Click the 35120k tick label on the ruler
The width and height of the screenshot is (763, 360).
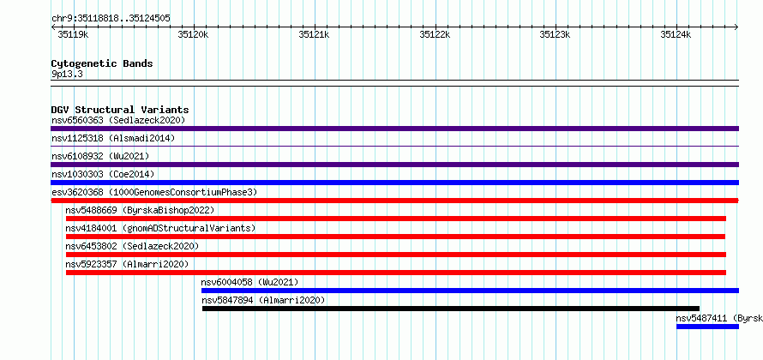tap(193, 34)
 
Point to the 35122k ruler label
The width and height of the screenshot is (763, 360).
tap(435, 34)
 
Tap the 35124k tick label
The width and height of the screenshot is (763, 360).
tap(676, 34)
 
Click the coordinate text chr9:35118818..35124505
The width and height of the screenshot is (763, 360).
tap(111, 19)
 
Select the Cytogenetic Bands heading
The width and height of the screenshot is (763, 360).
tap(102, 63)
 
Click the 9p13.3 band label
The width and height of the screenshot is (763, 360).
tap(67, 75)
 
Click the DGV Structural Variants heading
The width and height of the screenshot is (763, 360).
tap(120, 110)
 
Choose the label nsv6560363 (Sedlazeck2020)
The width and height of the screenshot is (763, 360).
tap(118, 120)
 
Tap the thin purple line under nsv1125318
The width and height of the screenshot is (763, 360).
tap(394, 146)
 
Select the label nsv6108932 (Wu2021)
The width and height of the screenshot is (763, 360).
tap(100, 156)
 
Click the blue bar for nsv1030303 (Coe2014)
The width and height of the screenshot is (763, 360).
tap(394, 183)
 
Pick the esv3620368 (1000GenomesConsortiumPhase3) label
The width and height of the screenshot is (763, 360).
tap(154, 192)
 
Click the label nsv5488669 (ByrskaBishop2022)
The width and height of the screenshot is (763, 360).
tap(140, 210)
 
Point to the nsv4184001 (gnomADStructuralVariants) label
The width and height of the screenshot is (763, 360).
tap(160, 228)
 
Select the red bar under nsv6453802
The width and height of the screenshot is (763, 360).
tap(396, 255)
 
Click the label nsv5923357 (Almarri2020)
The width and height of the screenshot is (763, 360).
tap(127, 264)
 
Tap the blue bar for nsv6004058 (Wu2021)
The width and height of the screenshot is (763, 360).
tap(470, 291)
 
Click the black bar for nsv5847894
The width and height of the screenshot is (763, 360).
tap(451, 309)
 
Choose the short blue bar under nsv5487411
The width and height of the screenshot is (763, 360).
tap(707, 327)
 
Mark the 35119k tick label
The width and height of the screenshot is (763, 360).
tap(73, 34)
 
